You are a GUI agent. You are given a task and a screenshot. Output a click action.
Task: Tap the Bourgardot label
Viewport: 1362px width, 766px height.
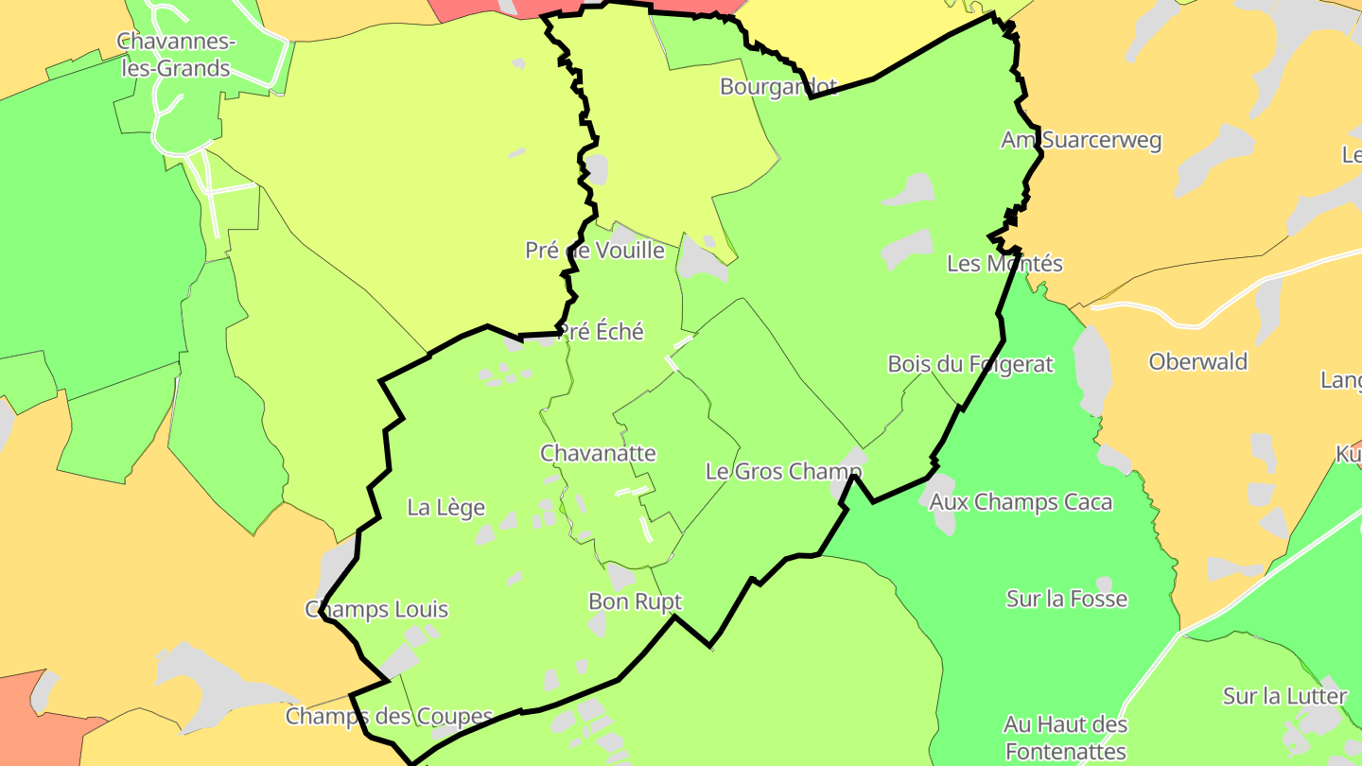click(778, 87)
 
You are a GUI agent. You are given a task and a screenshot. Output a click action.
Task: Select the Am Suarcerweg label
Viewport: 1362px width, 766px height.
click(1081, 140)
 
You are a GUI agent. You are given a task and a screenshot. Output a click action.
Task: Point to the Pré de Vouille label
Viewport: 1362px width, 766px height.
click(595, 251)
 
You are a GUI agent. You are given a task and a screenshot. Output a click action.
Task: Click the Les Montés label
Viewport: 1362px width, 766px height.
click(1004, 264)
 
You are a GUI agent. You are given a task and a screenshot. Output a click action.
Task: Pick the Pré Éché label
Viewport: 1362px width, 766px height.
click(601, 332)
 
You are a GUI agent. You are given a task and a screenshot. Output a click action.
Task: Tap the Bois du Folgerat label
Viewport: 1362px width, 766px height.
click(969, 364)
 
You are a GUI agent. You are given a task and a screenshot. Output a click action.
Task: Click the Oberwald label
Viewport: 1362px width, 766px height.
click(1197, 362)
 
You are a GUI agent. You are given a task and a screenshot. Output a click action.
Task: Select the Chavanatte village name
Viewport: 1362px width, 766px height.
click(598, 453)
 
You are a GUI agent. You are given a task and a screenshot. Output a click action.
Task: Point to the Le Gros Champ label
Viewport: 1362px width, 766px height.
click(784, 471)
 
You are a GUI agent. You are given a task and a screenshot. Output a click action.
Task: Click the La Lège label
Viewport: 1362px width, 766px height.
click(445, 508)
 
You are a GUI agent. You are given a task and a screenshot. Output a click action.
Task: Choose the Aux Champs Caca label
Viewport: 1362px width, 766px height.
click(1021, 502)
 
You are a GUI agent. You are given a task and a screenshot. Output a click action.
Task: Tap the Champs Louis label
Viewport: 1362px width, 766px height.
click(376, 610)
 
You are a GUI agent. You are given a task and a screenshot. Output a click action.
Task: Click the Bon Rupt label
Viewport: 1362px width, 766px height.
click(635, 601)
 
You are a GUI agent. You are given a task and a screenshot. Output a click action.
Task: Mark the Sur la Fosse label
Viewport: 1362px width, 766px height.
click(1067, 599)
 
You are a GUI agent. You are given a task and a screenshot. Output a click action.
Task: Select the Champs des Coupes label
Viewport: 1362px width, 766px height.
click(389, 717)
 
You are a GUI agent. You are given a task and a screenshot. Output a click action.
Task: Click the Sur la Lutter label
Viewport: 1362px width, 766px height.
click(1284, 697)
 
